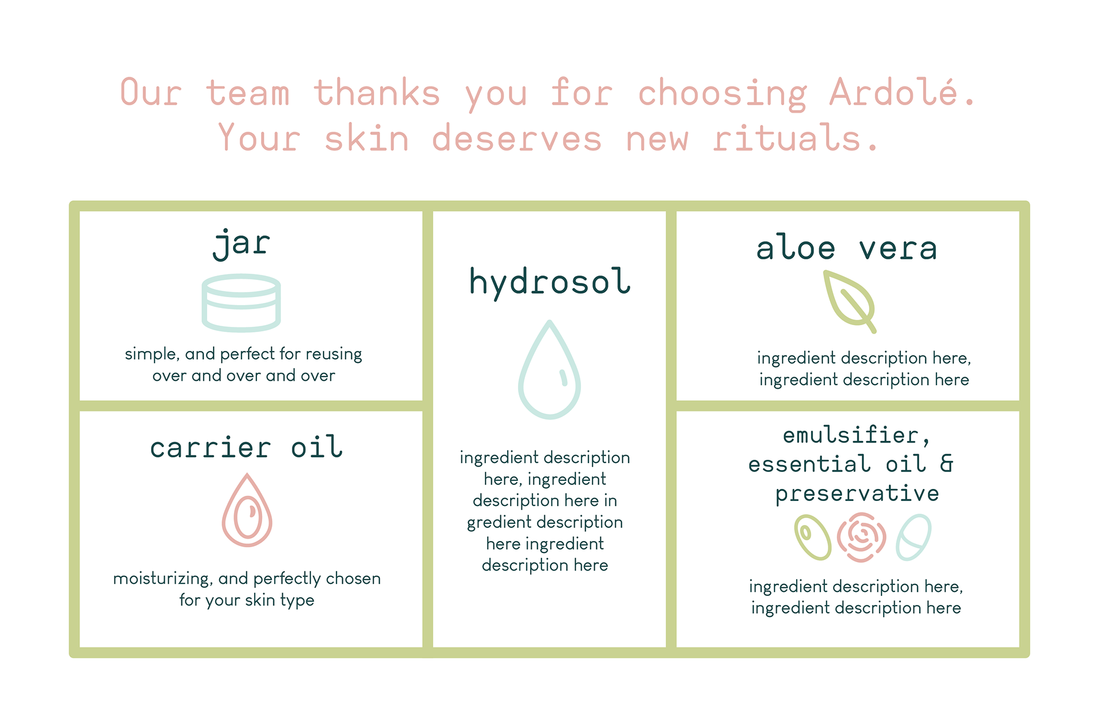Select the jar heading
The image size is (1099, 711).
pyautogui.click(x=241, y=244)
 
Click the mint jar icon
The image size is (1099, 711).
pyautogui.click(x=241, y=303)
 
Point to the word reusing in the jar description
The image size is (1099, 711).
pyautogui.click(x=333, y=354)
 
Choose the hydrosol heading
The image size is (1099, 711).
pyautogui.click(x=549, y=283)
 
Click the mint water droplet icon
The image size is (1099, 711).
pyautogui.click(x=549, y=369)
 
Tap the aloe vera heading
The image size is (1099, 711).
pyautogui.click(x=847, y=248)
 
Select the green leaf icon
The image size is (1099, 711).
pyautogui.click(x=850, y=302)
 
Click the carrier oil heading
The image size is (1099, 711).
pyautogui.click(x=246, y=447)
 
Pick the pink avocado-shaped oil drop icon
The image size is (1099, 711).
pyautogui.click(x=247, y=510)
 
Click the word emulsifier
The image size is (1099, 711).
pyautogui.click(x=851, y=435)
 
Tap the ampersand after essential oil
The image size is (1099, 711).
pyautogui.click(x=947, y=464)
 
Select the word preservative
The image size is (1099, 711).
pyautogui.click(x=857, y=493)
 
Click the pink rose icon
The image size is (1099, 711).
pyautogui.click(x=861, y=537)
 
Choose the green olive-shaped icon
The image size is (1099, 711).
pyautogui.click(x=812, y=537)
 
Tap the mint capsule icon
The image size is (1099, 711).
pyautogui.click(x=914, y=537)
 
